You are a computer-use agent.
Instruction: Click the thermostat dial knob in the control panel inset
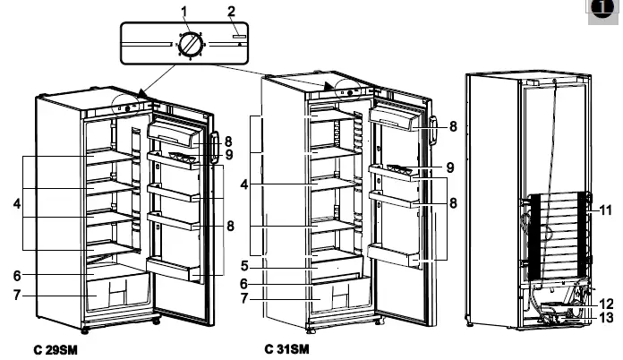190,44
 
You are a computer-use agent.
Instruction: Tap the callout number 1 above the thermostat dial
184,11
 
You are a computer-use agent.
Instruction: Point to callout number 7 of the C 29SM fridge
18,295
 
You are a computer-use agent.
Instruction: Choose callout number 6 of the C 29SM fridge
18,274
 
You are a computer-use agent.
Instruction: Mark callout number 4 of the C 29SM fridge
18,204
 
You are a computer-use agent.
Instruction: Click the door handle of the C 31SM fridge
432,131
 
